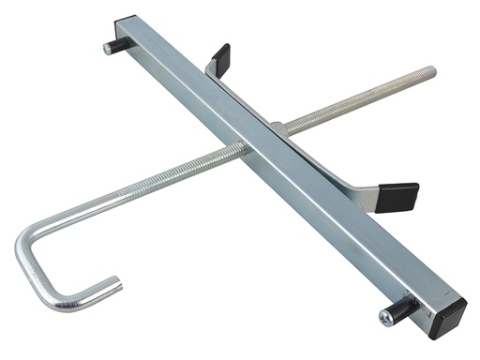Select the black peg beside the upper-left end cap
pos(113,44)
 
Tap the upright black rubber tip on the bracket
pos(220,58)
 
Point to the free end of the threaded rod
pos(432,70)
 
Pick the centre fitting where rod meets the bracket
pos(279,127)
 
